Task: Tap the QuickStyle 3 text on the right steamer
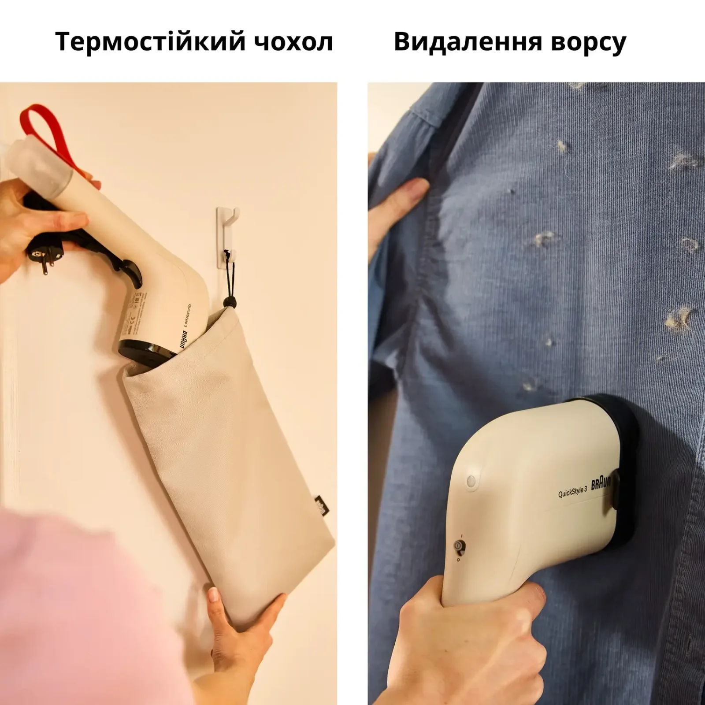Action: tap(572, 492)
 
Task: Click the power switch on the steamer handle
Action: tap(459, 547)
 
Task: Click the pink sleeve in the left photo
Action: tap(88, 608)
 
